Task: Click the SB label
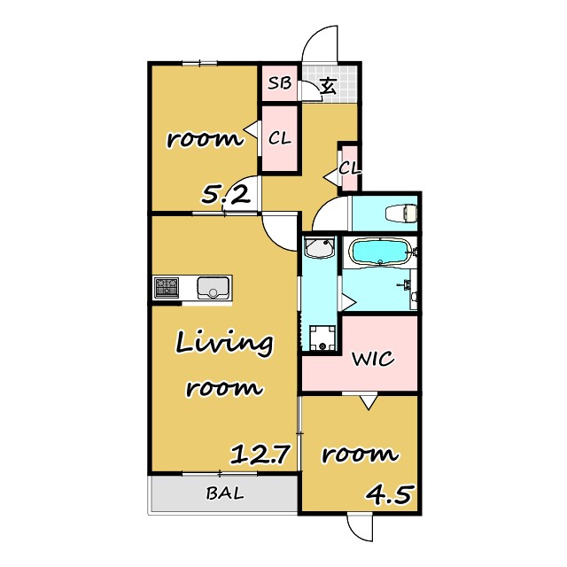280,83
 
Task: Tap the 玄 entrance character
329,87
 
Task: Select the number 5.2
226,196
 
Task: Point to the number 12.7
260,454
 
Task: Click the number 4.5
389,494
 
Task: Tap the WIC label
373,359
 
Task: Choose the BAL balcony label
225,493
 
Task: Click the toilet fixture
401,214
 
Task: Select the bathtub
380,252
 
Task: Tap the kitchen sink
214,287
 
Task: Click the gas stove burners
167,287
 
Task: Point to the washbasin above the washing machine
319,248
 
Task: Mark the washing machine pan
322,338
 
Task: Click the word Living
224,345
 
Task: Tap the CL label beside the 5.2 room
280,138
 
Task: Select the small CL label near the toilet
350,167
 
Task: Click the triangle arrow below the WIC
369,402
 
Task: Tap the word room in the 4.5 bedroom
360,454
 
